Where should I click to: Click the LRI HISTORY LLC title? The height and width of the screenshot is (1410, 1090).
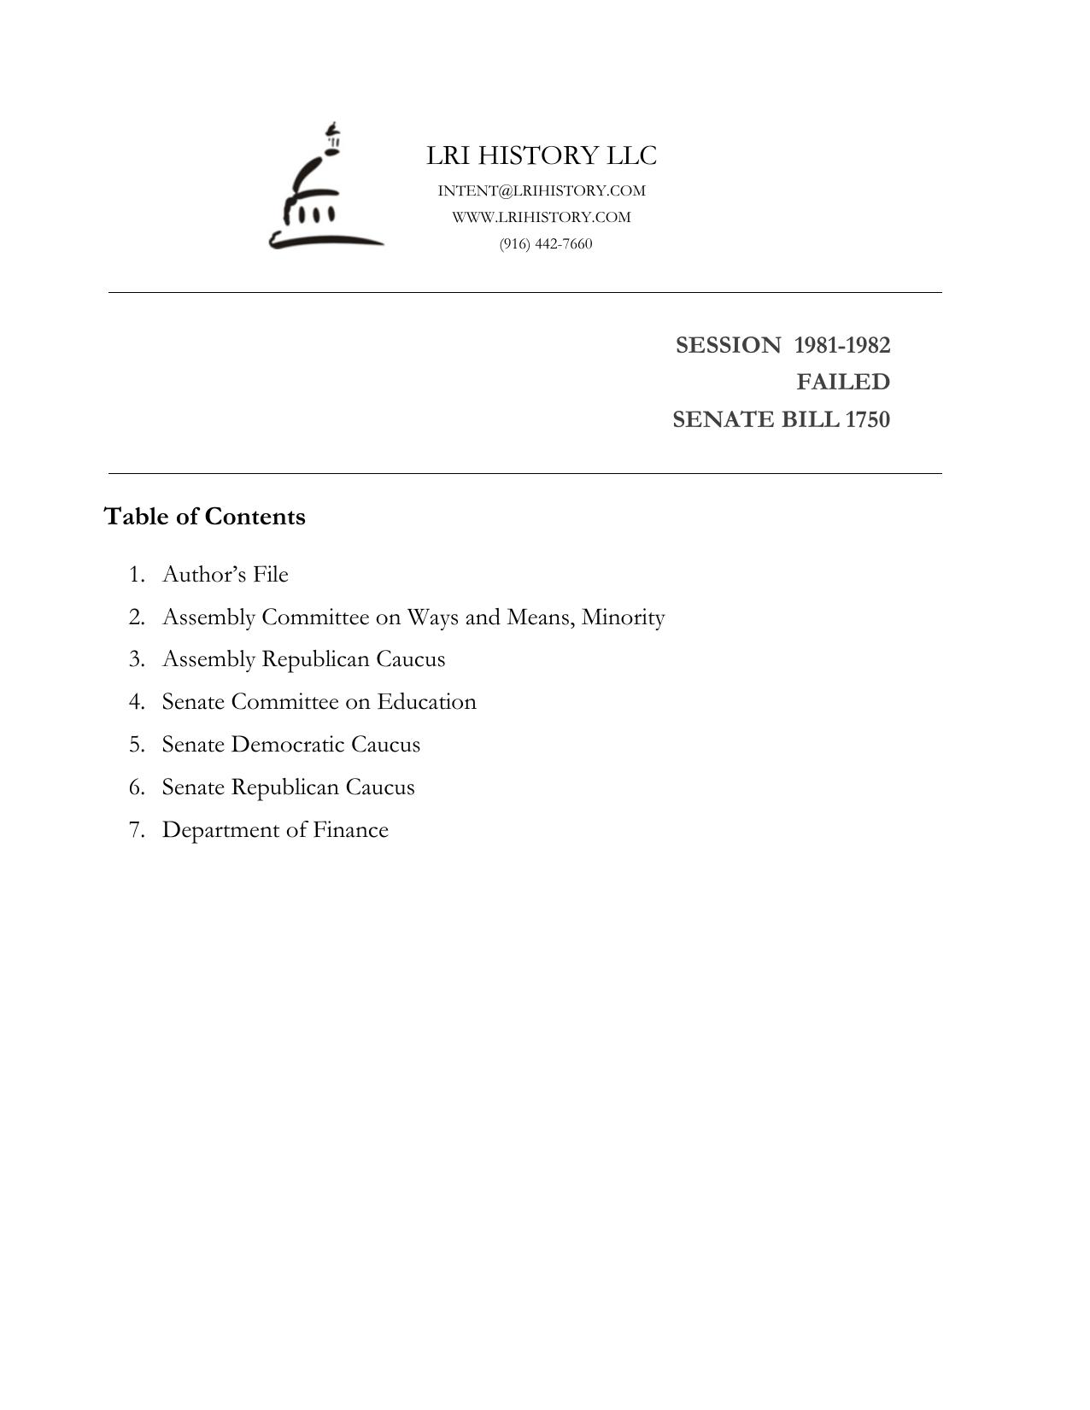click(542, 155)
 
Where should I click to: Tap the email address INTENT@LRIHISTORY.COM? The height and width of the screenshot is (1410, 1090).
click(542, 190)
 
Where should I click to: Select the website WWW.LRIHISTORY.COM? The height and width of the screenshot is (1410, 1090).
click(542, 217)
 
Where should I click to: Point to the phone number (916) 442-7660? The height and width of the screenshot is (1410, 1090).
click(546, 243)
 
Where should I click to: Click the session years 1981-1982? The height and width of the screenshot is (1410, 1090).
click(842, 345)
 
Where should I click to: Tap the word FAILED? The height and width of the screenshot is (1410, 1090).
click(843, 382)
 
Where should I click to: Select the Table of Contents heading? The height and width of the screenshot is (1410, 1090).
click(205, 517)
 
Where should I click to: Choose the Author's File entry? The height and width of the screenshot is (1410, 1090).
click(226, 574)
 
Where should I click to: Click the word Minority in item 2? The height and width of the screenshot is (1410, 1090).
click(623, 617)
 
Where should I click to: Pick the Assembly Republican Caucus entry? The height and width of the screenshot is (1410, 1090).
click(303, 659)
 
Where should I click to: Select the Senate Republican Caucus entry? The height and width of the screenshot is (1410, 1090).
click(288, 787)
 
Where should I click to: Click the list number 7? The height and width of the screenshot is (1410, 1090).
click(136, 830)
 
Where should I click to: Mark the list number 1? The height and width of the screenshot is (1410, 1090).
click(136, 574)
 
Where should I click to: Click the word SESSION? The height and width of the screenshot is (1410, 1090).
click(728, 345)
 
